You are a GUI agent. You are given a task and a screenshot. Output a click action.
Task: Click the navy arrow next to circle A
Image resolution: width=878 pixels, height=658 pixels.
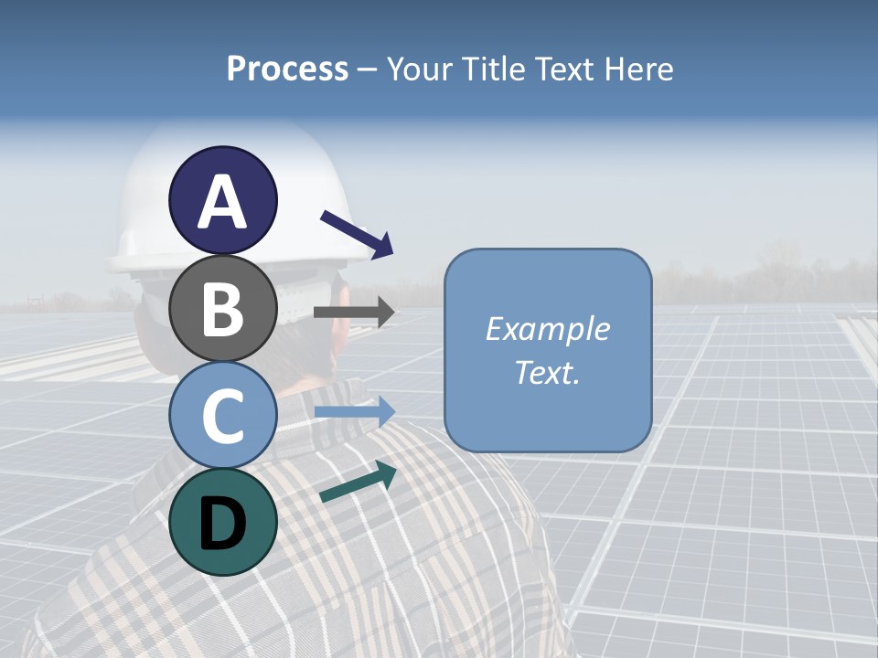[x=357, y=233]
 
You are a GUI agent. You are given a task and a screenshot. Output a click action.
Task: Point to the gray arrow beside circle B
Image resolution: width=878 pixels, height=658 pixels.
[x=354, y=313]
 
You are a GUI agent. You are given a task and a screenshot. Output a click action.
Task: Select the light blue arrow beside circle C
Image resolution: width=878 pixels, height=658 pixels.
[x=354, y=411]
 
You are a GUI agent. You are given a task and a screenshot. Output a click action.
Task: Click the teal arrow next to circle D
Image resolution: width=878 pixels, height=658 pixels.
[x=358, y=482]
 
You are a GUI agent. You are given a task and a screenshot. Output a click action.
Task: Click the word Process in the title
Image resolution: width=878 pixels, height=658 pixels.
[x=287, y=69]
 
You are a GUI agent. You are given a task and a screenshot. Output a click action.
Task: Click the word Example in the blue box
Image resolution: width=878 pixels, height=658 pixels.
[x=548, y=329]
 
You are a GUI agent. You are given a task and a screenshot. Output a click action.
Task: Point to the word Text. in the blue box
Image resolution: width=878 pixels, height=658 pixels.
[x=548, y=373]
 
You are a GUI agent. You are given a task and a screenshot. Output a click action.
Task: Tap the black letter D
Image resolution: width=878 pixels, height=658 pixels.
[x=222, y=524]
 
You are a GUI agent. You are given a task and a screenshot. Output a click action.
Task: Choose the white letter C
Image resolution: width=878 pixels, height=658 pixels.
[x=222, y=416]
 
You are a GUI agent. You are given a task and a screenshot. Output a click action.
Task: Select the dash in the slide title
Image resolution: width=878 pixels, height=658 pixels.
[x=367, y=69]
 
